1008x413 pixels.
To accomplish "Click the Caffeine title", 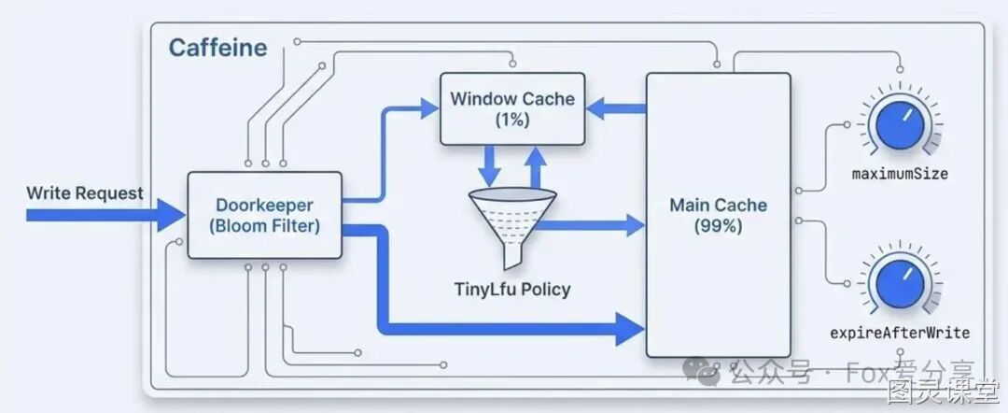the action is click(217, 49).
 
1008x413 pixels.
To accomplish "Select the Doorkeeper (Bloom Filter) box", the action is click(264, 215).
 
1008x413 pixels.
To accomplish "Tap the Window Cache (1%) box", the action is click(512, 108).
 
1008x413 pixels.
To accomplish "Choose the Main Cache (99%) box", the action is click(718, 215).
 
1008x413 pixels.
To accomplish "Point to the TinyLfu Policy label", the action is click(512, 290).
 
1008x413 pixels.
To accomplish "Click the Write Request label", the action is click(85, 193).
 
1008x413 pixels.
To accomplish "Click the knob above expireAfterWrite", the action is click(900, 284).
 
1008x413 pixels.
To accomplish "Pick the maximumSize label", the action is click(900, 175).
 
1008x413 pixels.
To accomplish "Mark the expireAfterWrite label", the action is click(900, 333).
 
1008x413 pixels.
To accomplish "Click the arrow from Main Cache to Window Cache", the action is click(616, 108).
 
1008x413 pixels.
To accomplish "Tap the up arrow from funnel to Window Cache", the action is click(535, 166).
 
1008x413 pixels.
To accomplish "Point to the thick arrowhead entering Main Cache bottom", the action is click(630, 329).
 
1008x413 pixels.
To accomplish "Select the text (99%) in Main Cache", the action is click(718, 226).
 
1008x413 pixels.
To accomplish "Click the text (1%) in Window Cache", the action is click(512, 120).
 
